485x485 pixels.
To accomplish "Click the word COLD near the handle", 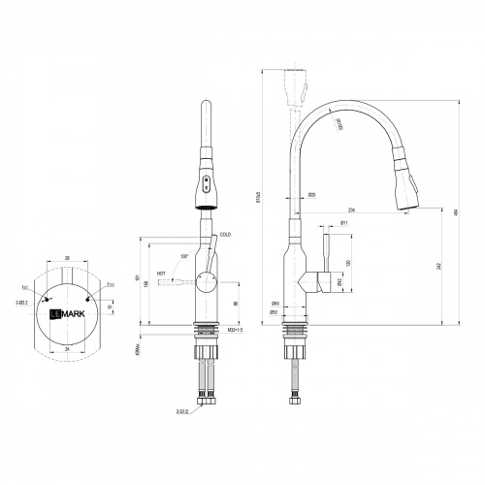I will [225, 234].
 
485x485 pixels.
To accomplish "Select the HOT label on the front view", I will [161, 274].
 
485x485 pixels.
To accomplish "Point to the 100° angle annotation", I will [182, 256].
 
